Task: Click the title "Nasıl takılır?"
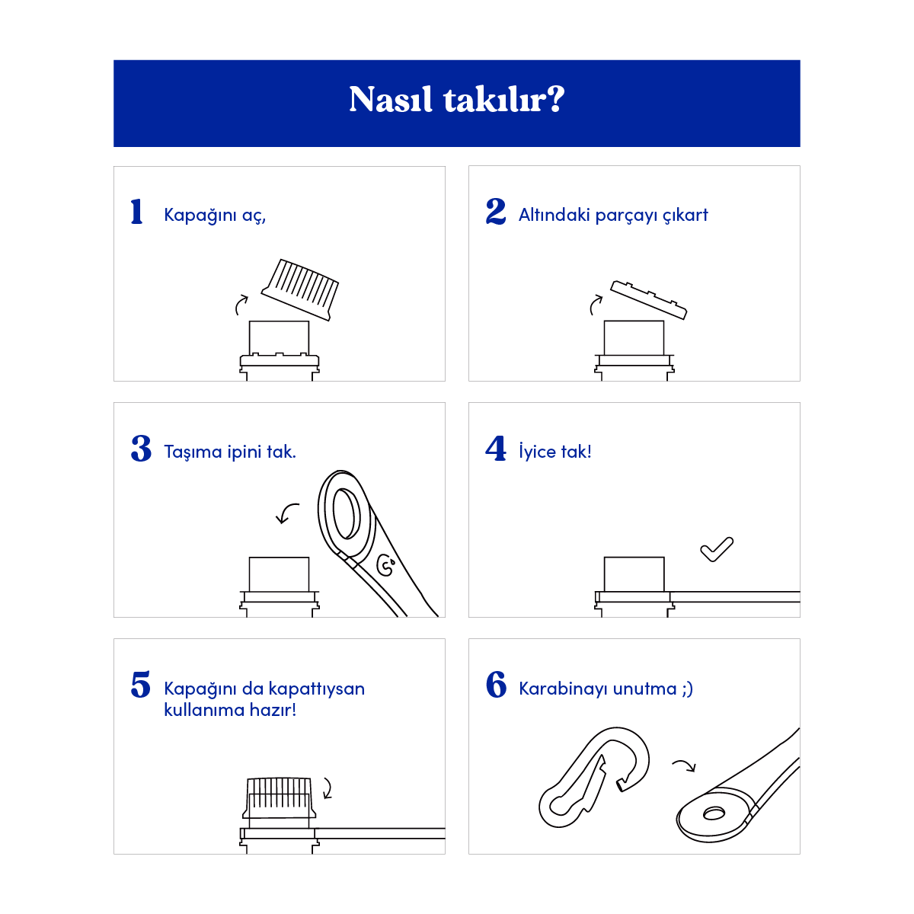coord(456,100)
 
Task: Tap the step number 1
coord(137,212)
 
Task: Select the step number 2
coord(496,212)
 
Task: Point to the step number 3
coord(141,449)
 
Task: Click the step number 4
coord(496,449)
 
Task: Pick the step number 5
coord(141,685)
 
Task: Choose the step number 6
coord(496,685)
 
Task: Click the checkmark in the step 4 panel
coord(717,549)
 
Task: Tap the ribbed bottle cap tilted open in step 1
coord(302,289)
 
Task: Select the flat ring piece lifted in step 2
coord(649,299)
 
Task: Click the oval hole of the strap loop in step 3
coord(347,514)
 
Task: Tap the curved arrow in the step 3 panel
coord(287,513)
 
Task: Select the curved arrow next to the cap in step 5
coord(328,788)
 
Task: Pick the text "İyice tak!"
coord(554,452)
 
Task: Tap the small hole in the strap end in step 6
coord(714,813)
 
